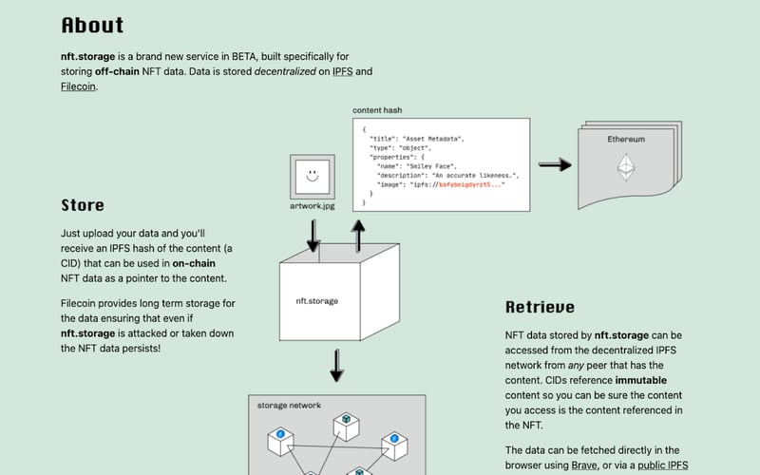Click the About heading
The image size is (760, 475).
click(92, 26)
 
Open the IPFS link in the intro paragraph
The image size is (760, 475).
click(342, 71)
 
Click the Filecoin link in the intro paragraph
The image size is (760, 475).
click(78, 86)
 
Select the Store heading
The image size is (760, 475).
click(83, 205)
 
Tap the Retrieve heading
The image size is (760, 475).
click(540, 307)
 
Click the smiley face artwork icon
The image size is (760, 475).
click(312, 176)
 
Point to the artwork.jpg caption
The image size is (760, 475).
click(312, 206)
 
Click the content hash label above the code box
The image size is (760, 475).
click(379, 110)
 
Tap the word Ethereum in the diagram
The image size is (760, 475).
click(626, 140)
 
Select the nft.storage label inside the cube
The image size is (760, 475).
click(316, 301)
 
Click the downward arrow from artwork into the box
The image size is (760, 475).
click(314, 234)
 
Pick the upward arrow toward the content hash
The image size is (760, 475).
click(357, 234)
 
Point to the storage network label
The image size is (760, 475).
click(289, 406)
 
